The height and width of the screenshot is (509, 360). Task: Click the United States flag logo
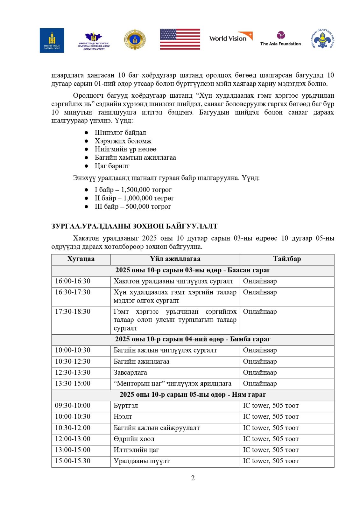click(x=180, y=39)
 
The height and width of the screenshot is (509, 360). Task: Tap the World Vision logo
click(x=230, y=38)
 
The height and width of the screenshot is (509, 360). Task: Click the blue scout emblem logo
click(x=322, y=39)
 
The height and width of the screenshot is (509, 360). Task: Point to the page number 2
click(x=193, y=478)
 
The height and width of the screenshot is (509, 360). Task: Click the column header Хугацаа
click(x=81, y=259)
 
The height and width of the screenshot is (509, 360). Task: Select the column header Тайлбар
click(x=287, y=259)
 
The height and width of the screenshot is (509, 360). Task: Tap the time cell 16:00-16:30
click(x=73, y=281)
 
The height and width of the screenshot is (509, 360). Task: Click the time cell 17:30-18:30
click(x=73, y=312)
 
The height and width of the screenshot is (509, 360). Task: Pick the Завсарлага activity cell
click(x=130, y=373)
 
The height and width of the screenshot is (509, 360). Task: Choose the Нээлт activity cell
click(x=123, y=417)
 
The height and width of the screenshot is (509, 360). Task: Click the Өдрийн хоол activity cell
click(x=134, y=439)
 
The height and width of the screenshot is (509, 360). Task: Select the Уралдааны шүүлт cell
click(x=142, y=461)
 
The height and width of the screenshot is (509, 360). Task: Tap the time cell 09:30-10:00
click(x=73, y=406)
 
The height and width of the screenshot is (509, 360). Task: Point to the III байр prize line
click(x=133, y=207)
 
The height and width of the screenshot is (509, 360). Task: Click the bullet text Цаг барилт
click(x=112, y=166)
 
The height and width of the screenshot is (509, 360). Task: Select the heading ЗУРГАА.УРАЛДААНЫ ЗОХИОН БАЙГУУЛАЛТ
click(x=134, y=226)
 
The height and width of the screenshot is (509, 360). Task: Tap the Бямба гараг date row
click(x=193, y=339)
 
